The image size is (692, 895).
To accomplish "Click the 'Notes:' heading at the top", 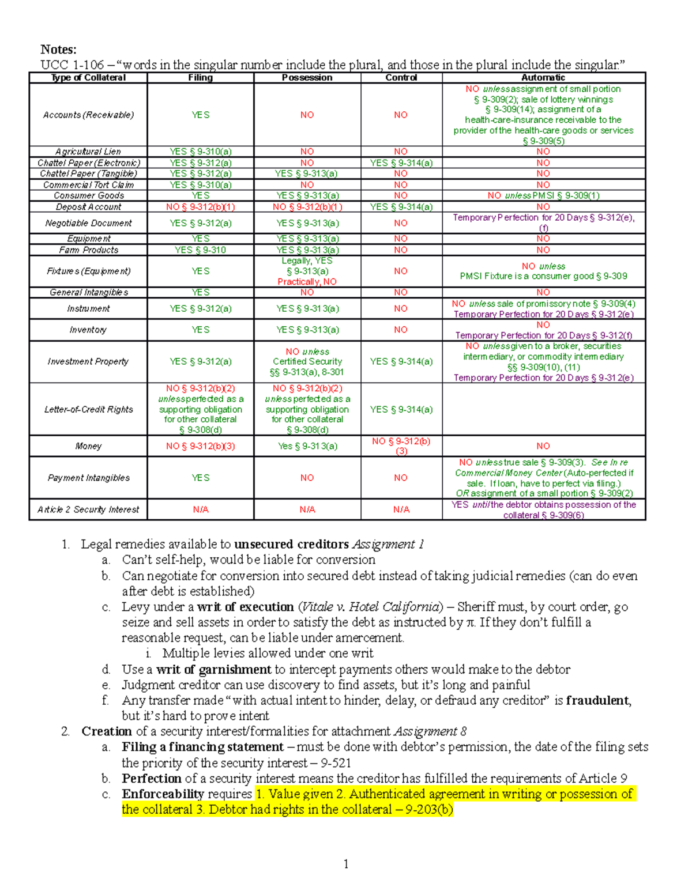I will click(x=58, y=50).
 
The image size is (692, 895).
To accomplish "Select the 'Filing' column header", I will click(x=200, y=78).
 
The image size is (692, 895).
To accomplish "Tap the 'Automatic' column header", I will click(x=543, y=78).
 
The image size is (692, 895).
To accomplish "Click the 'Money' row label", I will click(x=88, y=446).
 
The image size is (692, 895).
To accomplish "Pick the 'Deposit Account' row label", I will click(x=88, y=207).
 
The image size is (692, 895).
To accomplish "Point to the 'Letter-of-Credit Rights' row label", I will click(x=88, y=409).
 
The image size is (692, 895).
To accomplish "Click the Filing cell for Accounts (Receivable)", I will click(x=200, y=115).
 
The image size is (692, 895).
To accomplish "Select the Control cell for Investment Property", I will click(x=401, y=361).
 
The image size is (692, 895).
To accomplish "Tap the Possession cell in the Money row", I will click(x=307, y=446).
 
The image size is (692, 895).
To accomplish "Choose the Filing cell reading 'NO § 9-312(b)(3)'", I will click(x=200, y=446).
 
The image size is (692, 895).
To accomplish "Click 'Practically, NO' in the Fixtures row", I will click(x=307, y=282).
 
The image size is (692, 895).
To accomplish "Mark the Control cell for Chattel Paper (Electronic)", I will click(x=401, y=163).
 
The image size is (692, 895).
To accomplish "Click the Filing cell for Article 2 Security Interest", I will click(x=200, y=509).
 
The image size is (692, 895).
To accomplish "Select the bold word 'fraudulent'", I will click(x=597, y=701).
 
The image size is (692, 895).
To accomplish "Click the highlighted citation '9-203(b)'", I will click(x=429, y=810).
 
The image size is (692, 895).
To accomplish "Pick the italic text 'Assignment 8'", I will click(x=430, y=732).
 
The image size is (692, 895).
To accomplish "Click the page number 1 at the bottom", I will click(x=345, y=863).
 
